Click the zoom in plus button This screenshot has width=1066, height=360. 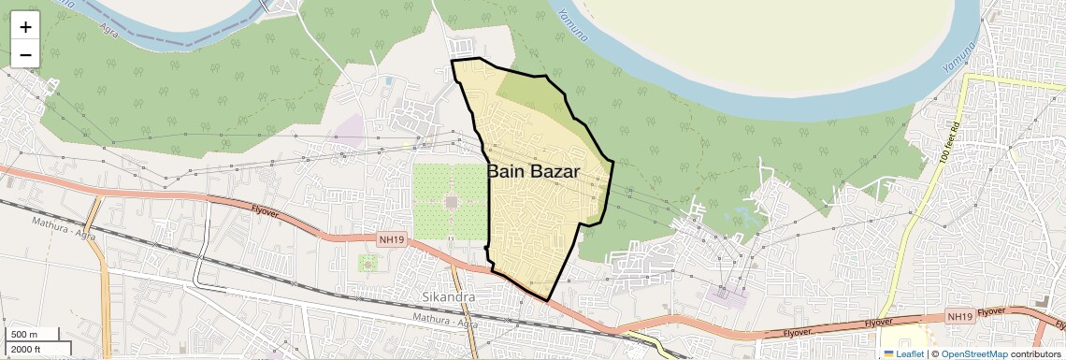(x=25, y=27)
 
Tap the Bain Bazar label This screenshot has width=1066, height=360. (x=533, y=172)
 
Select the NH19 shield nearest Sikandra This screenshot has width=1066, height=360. (x=392, y=240)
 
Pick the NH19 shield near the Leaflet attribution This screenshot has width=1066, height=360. (x=959, y=317)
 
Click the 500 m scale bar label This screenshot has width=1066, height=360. (x=24, y=335)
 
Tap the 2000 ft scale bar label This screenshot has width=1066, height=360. (x=26, y=350)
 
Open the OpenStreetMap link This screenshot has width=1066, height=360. (x=973, y=354)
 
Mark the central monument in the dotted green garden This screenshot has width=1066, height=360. (x=451, y=201)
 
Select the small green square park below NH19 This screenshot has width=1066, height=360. (x=367, y=263)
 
